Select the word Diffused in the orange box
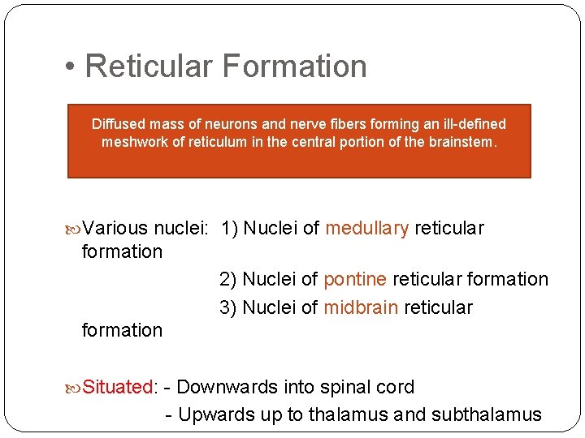pyautogui.click(x=119, y=124)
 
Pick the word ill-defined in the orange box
pyautogui.click(x=470, y=124)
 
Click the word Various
pyautogui.click(x=115, y=228)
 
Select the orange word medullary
pyautogui.click(x=367, y=228)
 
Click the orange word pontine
pyautogui.click(x=355, y=279)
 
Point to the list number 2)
pyautogui.click(x=228, y=279)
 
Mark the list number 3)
pyautogui.click(x=228, y=307)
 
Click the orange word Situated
pyautogui.click(x=119, y=387)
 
